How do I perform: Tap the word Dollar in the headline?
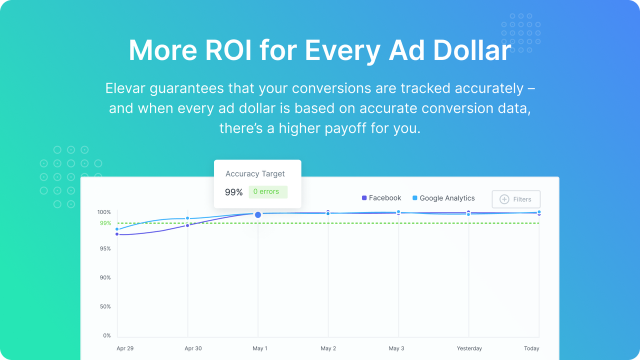pyautogui.click(x=472, y=50)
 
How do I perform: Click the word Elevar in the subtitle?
pyautogui.click(x=127, y=88)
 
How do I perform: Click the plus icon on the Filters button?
pyautogui.click(x=504, y=199)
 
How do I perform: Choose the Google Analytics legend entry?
pyautogui.click(x=443, y=198)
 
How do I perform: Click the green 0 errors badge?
pyautogui.click(x=268, y=191)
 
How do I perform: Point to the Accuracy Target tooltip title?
pyautogui.click(x=255, y=174)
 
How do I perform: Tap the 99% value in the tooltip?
pyautogui.click(x=233, y=192)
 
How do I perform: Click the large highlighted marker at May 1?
pyautogui.click(x=258, y=214)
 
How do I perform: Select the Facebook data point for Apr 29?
pyautogui.click(x=117, y=234)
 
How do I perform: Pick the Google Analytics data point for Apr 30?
pyautogui.click(x=187, y=218)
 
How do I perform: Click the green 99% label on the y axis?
pyautogui.click(x=105, y=223)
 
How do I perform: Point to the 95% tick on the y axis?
pyautogui.click(x=105, y=248)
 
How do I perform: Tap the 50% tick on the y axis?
pyautogui.click(x=105, y=306)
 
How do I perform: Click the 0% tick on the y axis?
pyautogui.click(x=107, y=335)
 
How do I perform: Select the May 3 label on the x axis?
pyautogui.click(x=396, y=348)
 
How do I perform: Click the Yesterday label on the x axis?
pyautogui.click(x=469, y=348)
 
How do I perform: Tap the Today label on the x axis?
pyautogui.click(x=531, y=348)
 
